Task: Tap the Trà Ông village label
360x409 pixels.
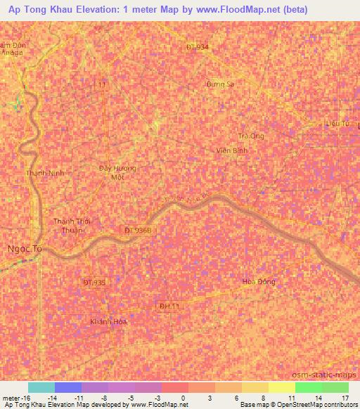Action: click(251, 136)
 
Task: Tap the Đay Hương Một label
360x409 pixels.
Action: click(117, 173)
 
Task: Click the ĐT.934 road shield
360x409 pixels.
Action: click(198, 46)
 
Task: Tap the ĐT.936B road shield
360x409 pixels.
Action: click(138, 230)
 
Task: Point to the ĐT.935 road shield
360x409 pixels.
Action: click(94, 283)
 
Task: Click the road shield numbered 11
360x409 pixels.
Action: click(103, 84)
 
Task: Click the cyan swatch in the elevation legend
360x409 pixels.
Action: click(41, 387)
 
